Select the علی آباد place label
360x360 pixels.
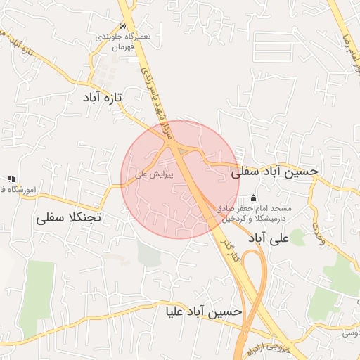(269, 238)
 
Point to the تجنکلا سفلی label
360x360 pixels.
(68, 217)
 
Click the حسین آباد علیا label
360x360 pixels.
(204, 310)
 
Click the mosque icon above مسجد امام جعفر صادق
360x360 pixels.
(254, 199)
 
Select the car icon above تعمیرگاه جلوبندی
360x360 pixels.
(123, 25)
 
